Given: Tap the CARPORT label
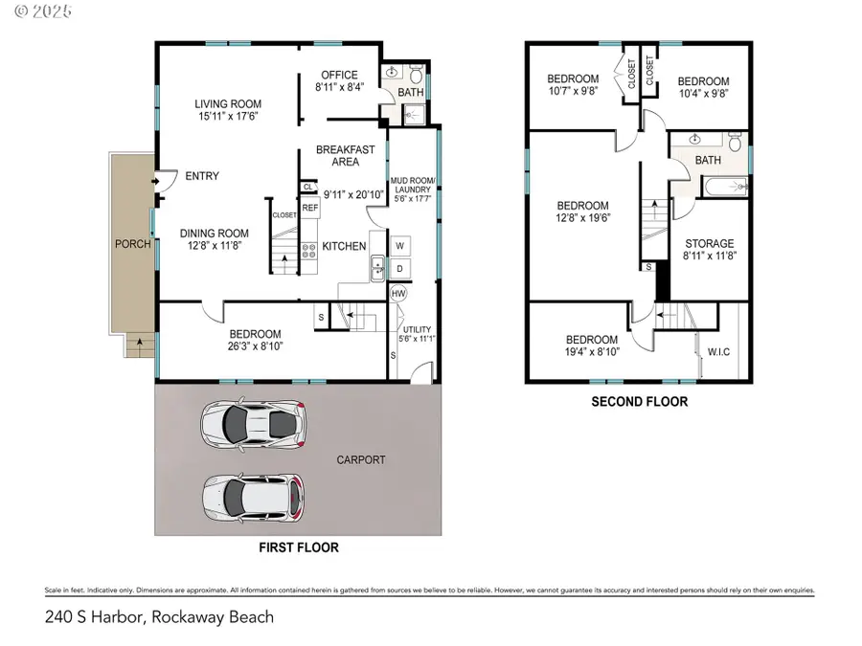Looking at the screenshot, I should pyautogui.click(x=361, y=460).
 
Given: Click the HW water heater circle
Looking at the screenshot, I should pyautogui.click(x=398, y=294).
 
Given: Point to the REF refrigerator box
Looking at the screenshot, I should pyautogui.click(x=310, y=208).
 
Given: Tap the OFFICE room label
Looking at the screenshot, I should pyautogui.click(x=339, y=76).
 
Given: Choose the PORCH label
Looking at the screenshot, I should pyautogui.click(x=132, y=244).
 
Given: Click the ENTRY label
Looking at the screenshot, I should pyautogui.click(x=202, y=176).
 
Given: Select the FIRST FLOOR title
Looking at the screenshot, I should pyautogui.click(x=298, y=548).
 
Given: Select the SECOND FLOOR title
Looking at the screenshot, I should pyautogui.click(x=640, y=402).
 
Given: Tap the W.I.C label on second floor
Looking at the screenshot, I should pyautogui.click(x=719, y=351).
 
